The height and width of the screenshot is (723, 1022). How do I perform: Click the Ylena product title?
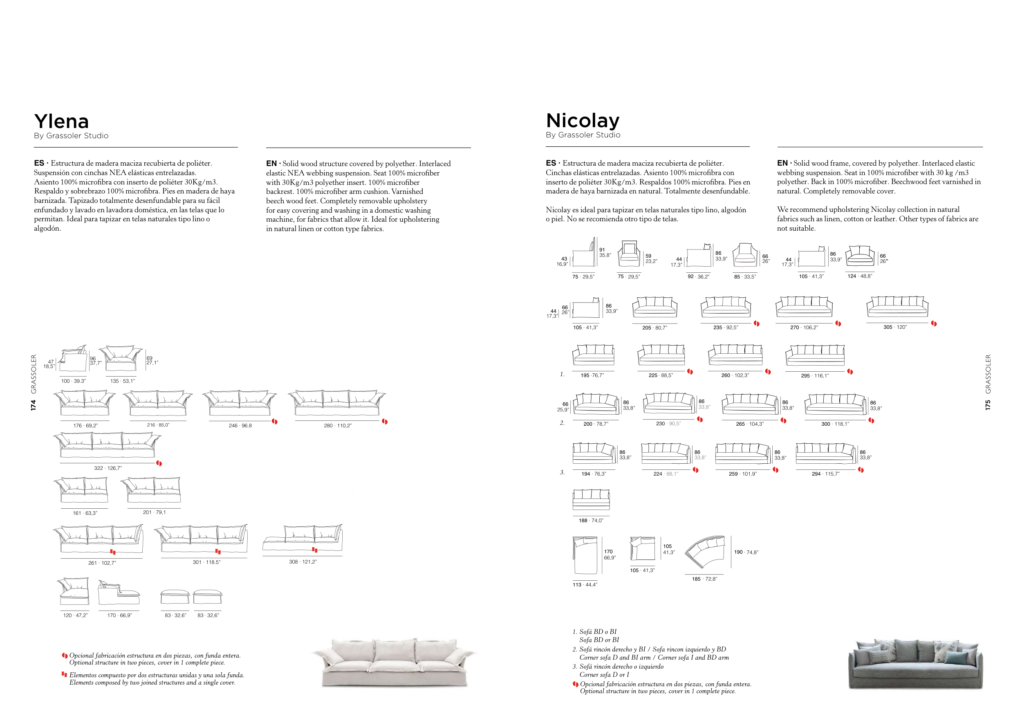(61, 121)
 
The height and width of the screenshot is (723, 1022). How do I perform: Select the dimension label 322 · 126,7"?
(108, 468)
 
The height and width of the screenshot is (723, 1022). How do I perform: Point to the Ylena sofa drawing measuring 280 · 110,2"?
(337, 403)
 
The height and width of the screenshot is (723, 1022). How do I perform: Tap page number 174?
(34, 405)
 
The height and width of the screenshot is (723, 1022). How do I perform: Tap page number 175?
(988, 405)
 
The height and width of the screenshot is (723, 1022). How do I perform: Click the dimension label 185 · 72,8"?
(704, 579)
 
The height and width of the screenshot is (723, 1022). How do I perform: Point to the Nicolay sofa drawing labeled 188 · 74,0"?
(591, 499)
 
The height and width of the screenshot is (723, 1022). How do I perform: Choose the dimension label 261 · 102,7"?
(102, 563)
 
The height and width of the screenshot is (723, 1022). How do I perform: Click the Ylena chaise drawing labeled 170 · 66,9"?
(119, 593)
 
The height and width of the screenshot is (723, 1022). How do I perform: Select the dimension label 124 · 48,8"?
(860, 276)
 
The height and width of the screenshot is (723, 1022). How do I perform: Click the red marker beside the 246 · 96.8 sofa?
(275, 422)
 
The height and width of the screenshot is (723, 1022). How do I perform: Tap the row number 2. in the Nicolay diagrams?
(562, 423)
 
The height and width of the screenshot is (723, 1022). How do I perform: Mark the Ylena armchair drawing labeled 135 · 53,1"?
(121, 358)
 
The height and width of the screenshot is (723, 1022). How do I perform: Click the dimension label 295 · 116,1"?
(815, 376)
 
